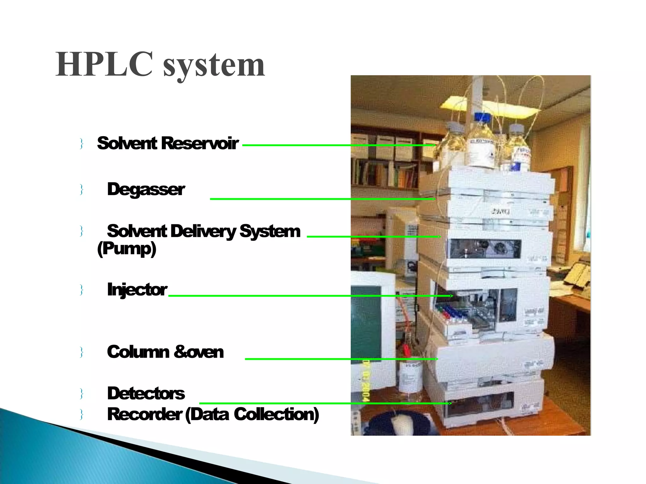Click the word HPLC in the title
click(104, 65)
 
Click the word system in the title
click(214, 66)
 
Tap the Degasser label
click(146, 189)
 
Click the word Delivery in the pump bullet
click(203, 231)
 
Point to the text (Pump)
click(127, 249)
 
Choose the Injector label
click(137, 290)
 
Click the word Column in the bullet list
click(138, 352)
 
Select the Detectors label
click(146, 393)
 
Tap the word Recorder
click(144, 414)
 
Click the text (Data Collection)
click(252, 414)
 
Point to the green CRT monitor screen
click(366, 325)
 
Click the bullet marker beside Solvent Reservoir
click(82, 144)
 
